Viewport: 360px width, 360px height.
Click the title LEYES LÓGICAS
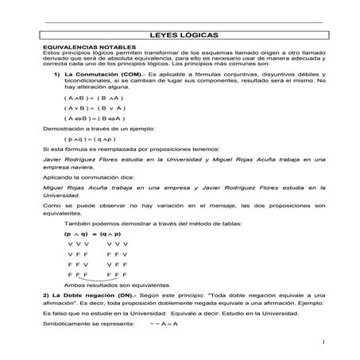179,36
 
